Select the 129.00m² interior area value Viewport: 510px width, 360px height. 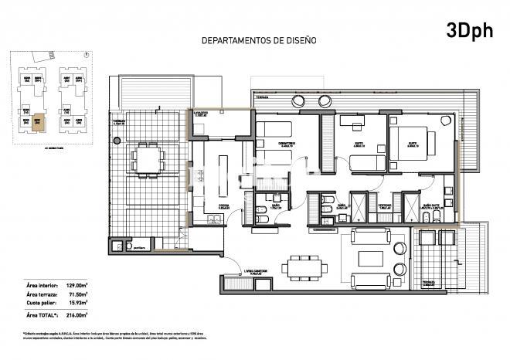tap(75, 286)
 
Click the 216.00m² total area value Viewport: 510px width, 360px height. tap(75, 315)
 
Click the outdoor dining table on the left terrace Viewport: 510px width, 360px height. tap(147, 159)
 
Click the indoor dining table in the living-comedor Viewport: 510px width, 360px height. tap(302, 267)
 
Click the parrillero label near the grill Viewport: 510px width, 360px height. tap(140, 248)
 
